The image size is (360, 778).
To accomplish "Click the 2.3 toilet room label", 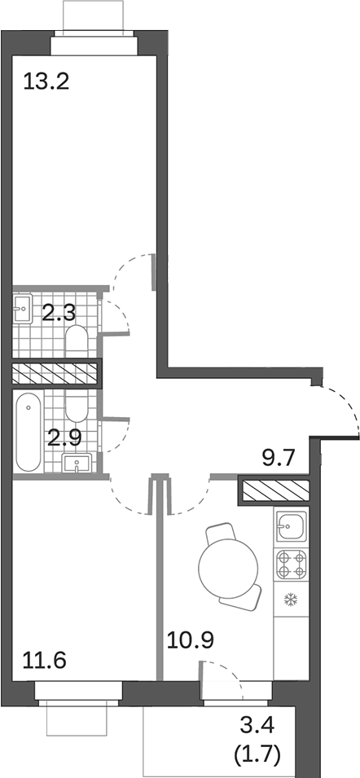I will tap(59, 312).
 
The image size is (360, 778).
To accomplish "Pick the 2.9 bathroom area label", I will tap(64, 437).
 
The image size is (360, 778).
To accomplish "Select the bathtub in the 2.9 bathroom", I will tap(27, 433).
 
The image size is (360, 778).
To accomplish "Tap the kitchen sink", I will tap(291, 525).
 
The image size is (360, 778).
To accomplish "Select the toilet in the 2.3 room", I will tap(77, 340).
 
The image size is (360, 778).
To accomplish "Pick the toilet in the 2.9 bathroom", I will tap(77, 406).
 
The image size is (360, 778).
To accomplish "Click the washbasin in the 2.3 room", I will tap(23, 308).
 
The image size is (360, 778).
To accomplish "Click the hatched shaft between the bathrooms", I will tap(55, 374).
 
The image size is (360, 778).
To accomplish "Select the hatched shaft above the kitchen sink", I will tap(274, 491).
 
